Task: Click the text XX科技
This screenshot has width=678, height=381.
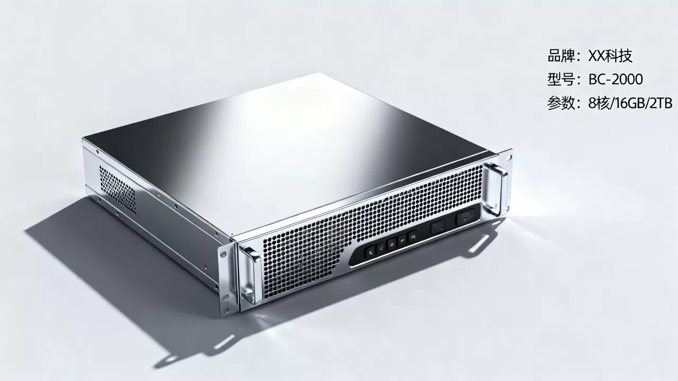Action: pos(610,56)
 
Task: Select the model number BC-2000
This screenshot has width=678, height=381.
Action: pos(615,79)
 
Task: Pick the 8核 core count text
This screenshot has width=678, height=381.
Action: pos(599,103)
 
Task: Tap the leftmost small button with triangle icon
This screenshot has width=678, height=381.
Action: pos(371,251)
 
